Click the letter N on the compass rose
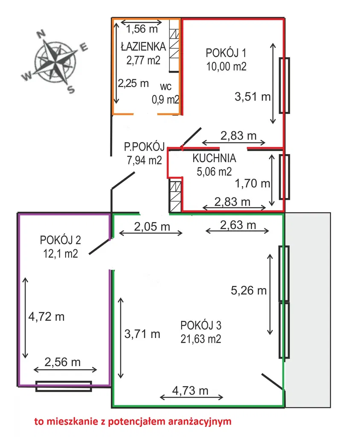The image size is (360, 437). pos(41,34)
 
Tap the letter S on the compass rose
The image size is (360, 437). pos(71,89)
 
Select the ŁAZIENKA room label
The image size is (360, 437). pos(143,47)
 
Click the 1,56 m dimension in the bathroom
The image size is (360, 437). pos(142,29)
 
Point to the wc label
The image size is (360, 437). pos(165,87)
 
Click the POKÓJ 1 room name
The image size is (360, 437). pos(226,52)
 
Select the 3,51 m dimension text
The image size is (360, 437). pos(253,97)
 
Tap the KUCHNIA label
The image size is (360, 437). pos(214,158)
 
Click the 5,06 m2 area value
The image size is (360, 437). pos(214,172)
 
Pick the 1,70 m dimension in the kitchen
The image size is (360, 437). pos(253,184)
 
